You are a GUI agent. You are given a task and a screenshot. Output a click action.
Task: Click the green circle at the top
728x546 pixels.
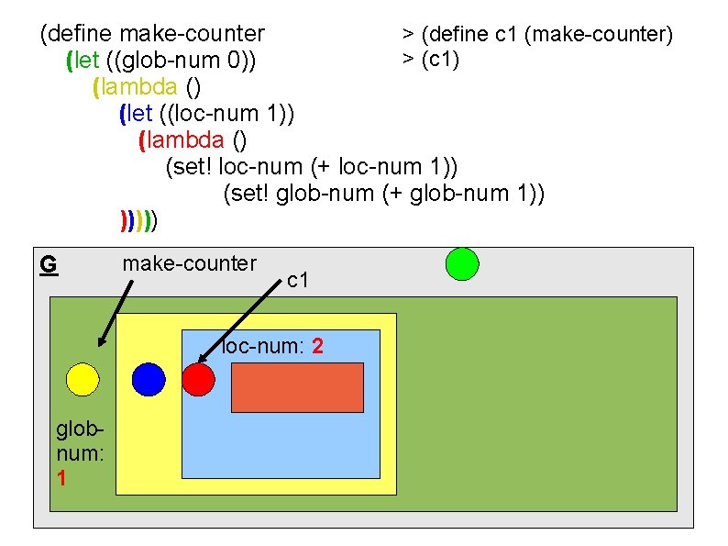(x=462, y=263)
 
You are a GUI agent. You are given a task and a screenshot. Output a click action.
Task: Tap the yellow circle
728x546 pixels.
(x=82, y=379)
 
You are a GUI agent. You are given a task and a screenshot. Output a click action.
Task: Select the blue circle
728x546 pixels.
(x=149, y=379)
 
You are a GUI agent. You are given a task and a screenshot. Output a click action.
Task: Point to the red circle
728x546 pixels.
(x=197, y=379)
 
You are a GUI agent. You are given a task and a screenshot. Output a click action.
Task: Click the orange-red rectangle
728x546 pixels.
(x=297, y=386)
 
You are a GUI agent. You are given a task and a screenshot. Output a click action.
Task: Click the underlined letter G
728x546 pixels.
(x=49, y=265)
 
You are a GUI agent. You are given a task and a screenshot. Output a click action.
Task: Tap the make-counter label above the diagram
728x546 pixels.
(x=190, y=263)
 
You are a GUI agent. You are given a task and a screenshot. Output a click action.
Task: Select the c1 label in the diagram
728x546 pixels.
(x=298, y=280)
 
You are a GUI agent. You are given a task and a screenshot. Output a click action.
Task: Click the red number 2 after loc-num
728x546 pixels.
(x=316, y=347)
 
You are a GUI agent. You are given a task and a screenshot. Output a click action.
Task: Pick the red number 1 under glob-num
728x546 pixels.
(x=61, y=478)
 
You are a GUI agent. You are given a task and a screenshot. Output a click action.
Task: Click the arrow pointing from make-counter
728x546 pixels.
(x=116, y=312)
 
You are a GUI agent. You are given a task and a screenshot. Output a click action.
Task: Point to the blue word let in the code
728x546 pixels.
(x=138, y=114)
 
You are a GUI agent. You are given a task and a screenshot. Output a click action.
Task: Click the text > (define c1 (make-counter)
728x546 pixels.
(x=537, y=35)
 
